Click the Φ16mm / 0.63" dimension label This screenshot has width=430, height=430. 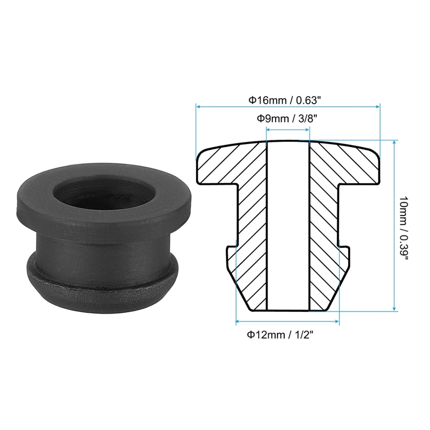pyautogui.click(x=284, y=100)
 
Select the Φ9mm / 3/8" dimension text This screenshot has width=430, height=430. pyautogui.click(x=287, y=119)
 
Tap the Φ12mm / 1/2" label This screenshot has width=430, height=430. pyautogui.click(x=280, y=335)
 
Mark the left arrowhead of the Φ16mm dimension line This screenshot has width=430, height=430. pyautogui.click(x=198, y=106)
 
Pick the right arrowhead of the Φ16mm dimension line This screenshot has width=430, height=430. pyautogui.click(x=377, y=106)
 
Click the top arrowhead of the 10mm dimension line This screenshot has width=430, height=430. pyautogui.click(x=395, y=142)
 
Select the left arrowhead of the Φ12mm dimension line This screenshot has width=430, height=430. pyautogui.click(x=239, y=321)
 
